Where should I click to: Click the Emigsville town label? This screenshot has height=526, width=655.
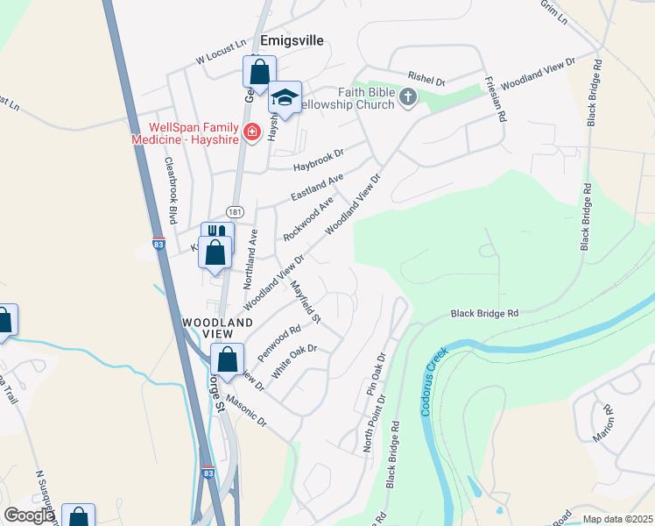[292, 40]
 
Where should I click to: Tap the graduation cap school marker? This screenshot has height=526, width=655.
[285, 96]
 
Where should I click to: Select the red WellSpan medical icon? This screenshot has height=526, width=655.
[252, 132]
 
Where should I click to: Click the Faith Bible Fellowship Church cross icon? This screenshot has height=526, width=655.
[408, 96]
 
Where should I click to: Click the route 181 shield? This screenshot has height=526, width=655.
[234, 212]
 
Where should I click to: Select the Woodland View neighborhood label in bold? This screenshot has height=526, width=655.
[208, 328]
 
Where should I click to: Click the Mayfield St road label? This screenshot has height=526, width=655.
[306, 300]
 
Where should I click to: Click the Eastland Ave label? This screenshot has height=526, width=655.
[316, 189]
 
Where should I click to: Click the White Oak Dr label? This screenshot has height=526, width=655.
[292, 360]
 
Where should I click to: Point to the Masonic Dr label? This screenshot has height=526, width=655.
[245, 410]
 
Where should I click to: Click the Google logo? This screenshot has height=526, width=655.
[28, 515]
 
